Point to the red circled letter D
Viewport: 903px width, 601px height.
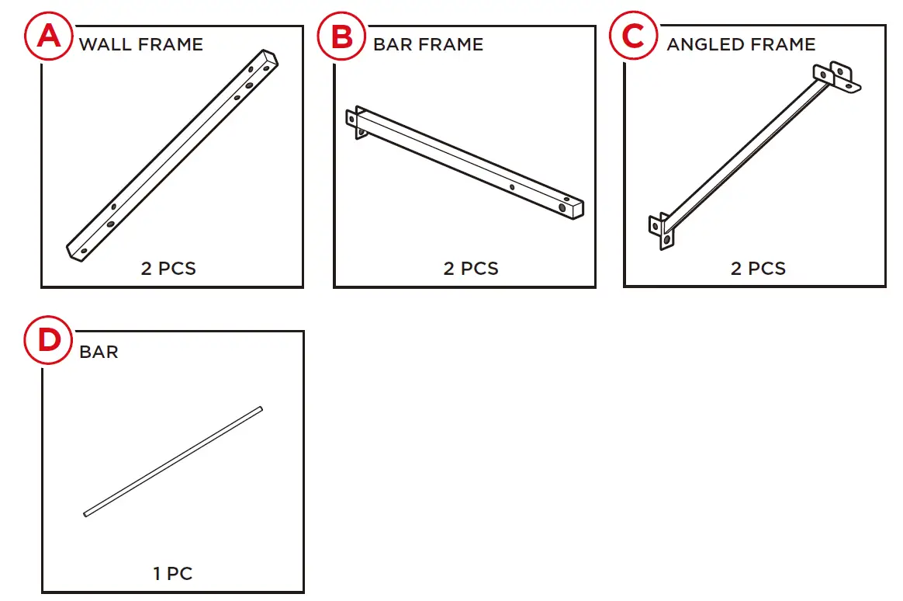[x=49, y=342]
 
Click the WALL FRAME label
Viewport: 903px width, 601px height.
[x=140, y=44]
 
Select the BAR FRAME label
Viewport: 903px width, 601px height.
[x=428, y=44]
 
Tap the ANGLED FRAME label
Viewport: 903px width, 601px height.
[x=741, y=44]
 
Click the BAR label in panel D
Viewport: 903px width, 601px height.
[x=99, y=352]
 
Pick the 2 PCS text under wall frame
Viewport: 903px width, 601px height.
[x=168, y=269]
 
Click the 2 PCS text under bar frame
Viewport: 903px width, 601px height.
[x=471, y=269]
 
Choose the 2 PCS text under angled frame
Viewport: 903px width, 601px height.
[x=758, y=269]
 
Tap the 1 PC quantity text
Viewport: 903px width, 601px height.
[x=172, y=574]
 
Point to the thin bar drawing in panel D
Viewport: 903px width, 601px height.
[x=173, y=460]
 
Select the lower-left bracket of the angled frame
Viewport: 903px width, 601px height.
[x=661, y=231]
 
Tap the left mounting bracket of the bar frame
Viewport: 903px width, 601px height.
[x=357, y=123]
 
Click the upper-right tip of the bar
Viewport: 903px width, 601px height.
[x=260, y=409]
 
